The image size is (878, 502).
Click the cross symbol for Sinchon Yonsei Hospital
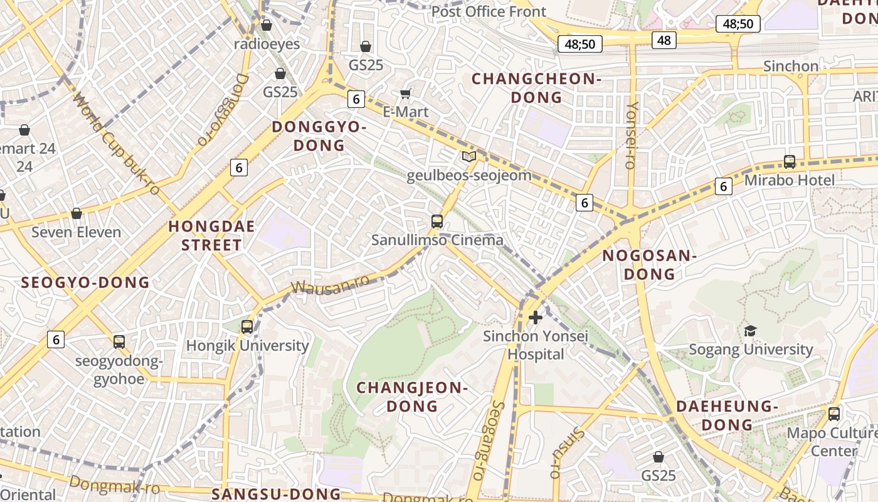click(535, 318)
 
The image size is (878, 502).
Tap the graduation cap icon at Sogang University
click(749, 331)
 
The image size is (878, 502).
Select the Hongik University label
click(248, 346)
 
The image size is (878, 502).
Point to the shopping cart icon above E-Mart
click(405, 94)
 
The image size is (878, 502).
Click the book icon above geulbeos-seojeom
click(468, 156)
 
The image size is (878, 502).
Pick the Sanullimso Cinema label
click(437, 240)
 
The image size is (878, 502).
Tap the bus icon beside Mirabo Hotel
click(790, 161)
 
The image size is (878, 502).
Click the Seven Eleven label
click(77, 232)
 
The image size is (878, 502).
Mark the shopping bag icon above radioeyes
click(266, 25)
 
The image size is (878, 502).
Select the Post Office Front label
click(489, 11)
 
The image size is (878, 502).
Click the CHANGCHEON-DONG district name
click(536, 88)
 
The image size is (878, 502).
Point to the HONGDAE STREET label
click(211, 235)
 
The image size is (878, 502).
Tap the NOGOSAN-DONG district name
click(650, 265)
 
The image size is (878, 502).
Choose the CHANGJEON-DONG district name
click(412, 397)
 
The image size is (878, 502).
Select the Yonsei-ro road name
click(632, 135)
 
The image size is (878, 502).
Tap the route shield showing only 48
click(664, 40)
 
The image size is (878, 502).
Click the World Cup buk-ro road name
click(117, 144)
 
